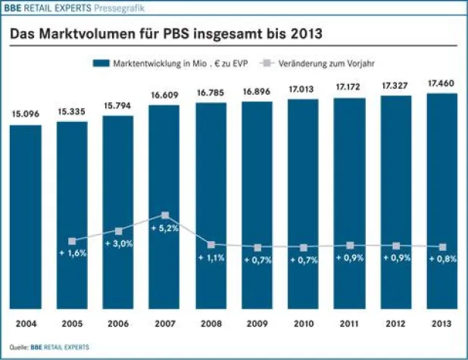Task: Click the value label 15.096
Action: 26,115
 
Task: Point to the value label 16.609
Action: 164,96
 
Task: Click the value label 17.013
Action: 304,90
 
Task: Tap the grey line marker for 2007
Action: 165,216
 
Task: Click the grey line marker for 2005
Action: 73,241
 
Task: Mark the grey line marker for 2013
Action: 443,247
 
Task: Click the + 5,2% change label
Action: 164,228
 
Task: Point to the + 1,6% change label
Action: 73,253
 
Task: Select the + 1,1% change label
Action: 211,258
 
